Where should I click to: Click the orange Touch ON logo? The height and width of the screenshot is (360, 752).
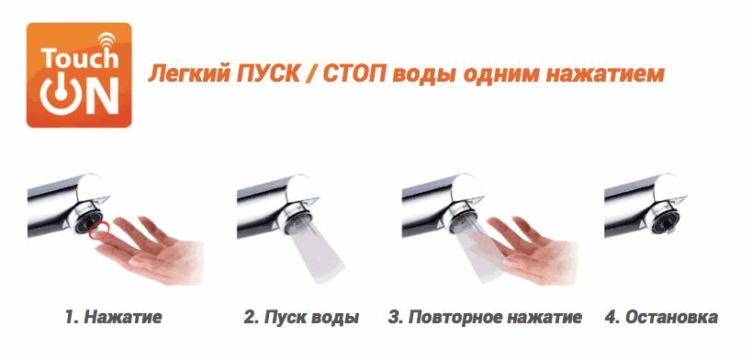[79, 75]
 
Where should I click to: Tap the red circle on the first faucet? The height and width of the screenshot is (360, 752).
[99, 231]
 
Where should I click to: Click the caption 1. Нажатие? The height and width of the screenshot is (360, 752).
[114, 317]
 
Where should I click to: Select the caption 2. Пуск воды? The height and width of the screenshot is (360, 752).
[301, 317]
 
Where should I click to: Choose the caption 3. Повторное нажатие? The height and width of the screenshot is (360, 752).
[485, 317]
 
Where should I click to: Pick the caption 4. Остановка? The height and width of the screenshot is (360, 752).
[661, 317]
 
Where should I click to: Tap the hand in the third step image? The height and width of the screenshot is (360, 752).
[528, 250]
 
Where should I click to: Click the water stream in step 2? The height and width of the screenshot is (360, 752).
[315, 248]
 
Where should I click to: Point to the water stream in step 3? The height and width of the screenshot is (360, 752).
[478, 249]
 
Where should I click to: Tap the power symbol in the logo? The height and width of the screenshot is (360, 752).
[59, 94]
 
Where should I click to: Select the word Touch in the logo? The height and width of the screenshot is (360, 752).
[79, 58]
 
